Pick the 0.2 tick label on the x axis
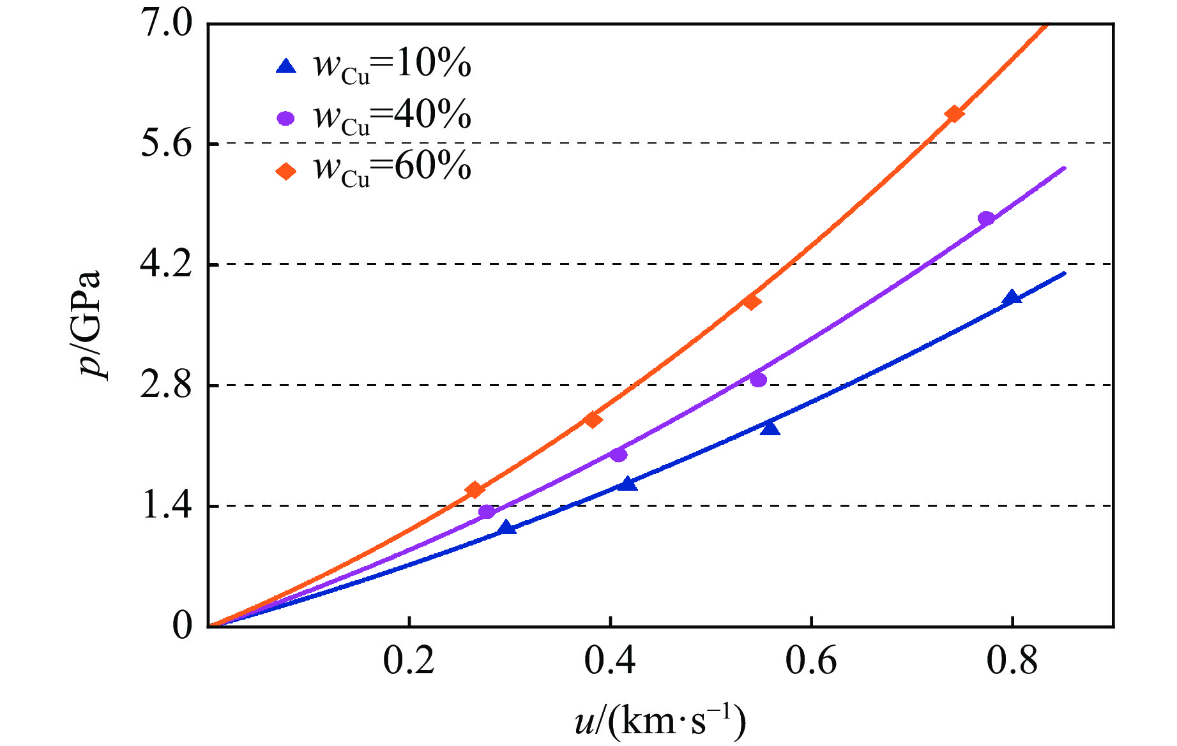tap(409, 662)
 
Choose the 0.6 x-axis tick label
tap(810, 662)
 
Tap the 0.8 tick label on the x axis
tap(1012, 662)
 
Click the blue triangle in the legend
tap(286, 66)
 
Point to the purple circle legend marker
tap(286, 118)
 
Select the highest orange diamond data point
tap(954, 114)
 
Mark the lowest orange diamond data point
tap(475, 489)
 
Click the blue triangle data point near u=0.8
tap(1012, 297)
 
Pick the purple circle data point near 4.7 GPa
tap(986, 218)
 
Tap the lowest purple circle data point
tap(487, 511)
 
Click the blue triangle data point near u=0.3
tap(507, 527)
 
